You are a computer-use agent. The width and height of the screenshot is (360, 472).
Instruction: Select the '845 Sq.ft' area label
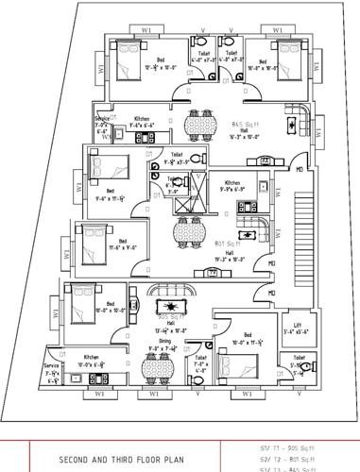(248, 124)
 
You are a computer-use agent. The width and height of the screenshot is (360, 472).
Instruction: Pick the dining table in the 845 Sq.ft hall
(198, 125)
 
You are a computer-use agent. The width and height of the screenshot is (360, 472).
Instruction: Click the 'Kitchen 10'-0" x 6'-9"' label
(92, 361)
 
